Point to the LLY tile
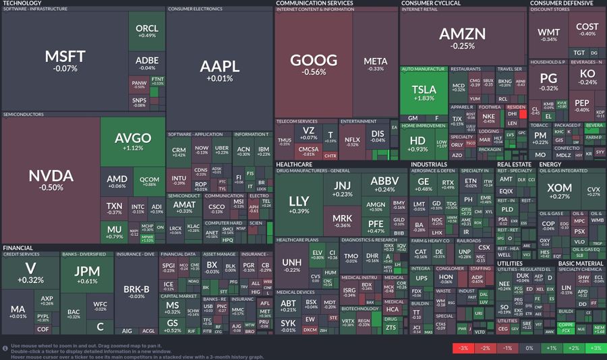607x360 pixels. point(299,205)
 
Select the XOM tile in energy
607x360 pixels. point(559,192)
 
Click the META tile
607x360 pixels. point(375,64)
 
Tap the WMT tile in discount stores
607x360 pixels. point(548,35)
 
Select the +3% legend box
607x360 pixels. point(595,348)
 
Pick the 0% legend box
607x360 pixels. point(529,348)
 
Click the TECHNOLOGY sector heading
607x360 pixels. point(22,3)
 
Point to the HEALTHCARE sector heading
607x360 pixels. point(293,164)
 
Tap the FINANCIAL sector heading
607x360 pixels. point(18,247)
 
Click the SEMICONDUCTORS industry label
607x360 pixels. point(24,115)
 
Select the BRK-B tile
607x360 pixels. point(137,291)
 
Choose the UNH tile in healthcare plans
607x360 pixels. point(291,265)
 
